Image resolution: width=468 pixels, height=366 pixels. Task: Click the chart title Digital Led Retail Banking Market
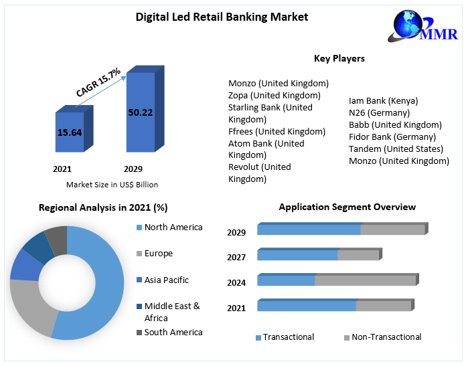222,16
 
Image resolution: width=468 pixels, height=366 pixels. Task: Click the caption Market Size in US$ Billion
112,184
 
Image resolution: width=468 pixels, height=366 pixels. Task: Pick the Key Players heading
339,58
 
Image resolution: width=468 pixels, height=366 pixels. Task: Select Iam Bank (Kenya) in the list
383,100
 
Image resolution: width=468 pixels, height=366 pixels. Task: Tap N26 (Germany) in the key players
378,112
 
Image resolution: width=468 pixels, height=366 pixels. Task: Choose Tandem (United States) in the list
396,149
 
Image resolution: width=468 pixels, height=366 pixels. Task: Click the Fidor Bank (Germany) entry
392,136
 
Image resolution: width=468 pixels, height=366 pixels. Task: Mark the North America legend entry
173,227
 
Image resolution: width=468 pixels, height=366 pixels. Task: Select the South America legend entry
173,333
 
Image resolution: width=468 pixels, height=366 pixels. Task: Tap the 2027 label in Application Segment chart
236,257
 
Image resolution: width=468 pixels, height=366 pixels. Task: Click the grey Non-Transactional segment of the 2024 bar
365,280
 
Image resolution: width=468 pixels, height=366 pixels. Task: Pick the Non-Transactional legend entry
386,337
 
